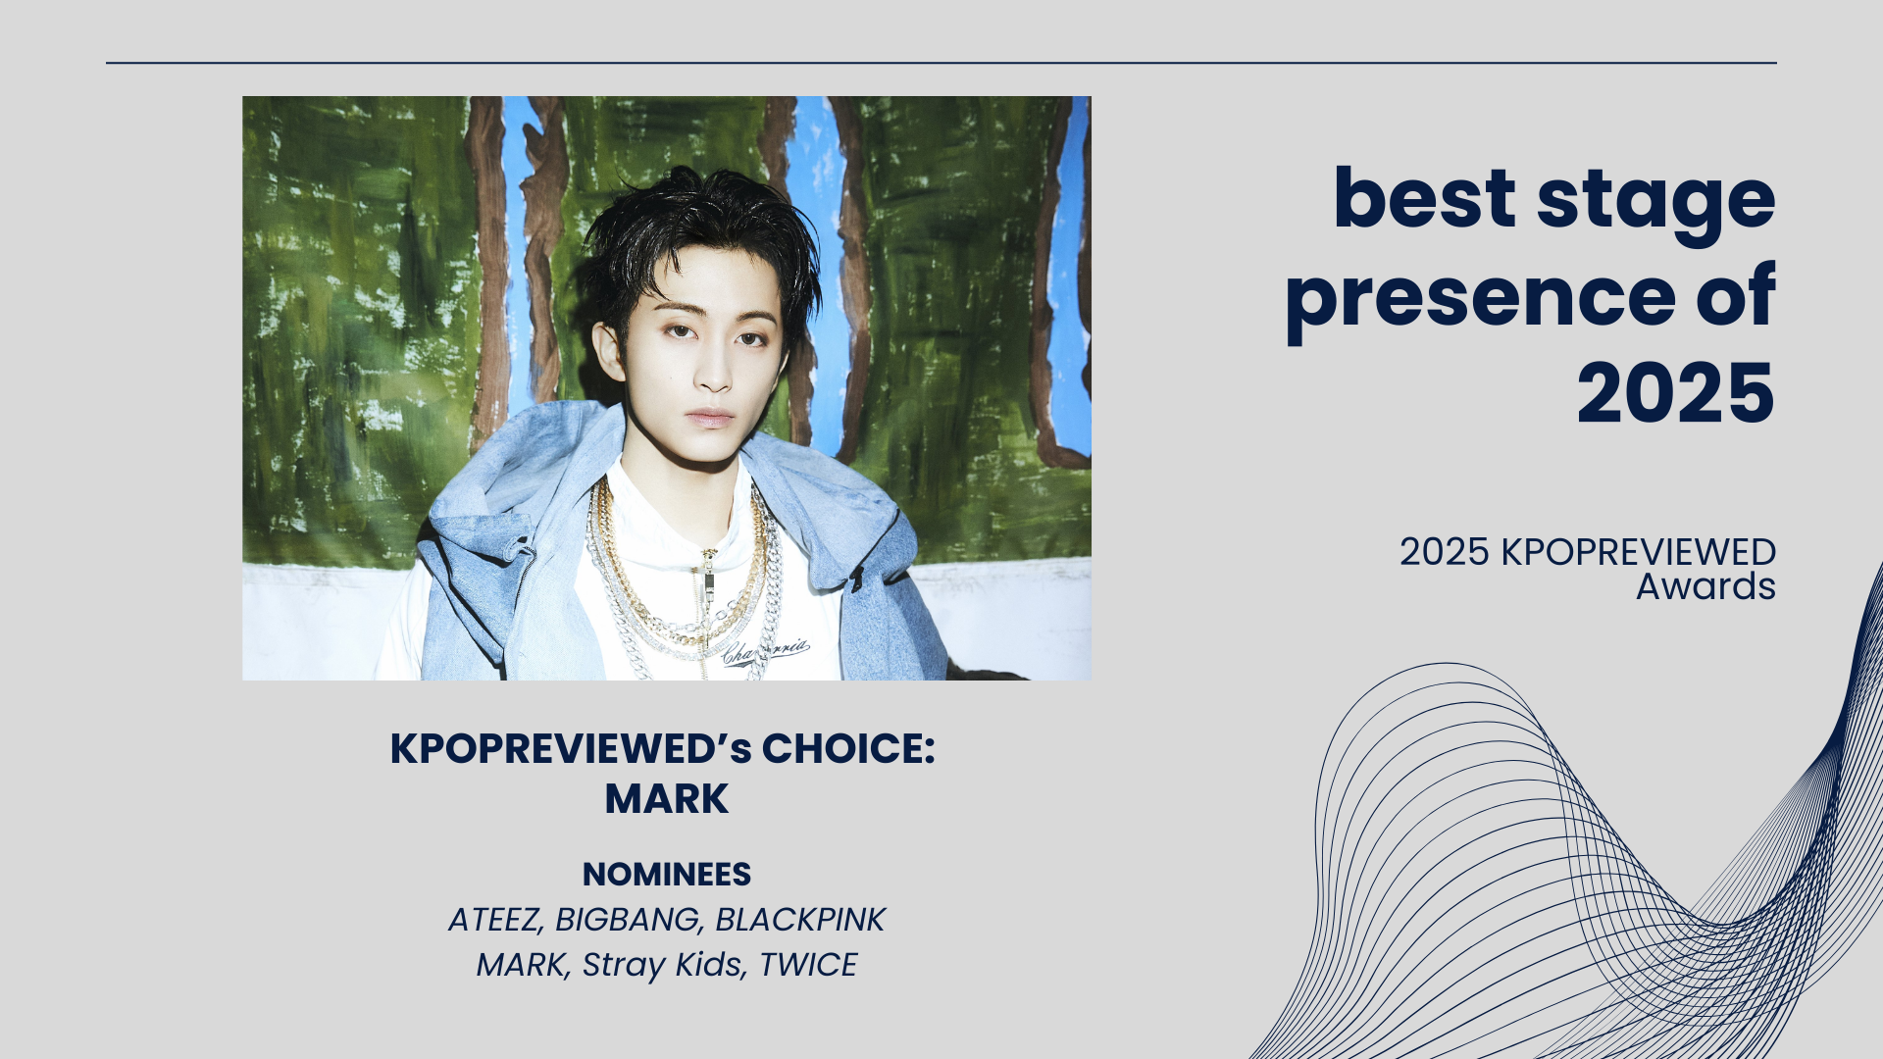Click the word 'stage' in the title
[x=1655, y=202]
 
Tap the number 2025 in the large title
[x=1676, y=393]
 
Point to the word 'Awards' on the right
[x=1705, y=586]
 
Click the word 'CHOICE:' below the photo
[x=848, y=749]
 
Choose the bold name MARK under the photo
[x=667, y=799]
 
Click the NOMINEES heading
[x=667, y=874]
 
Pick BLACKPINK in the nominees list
[x=800, y=920]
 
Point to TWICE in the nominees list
[x=808, y=965]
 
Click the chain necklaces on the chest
[x=682, y=579]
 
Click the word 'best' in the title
[x=1424, y=200]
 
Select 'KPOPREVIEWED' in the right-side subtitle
[x=1638, y=552]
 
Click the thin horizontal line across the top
[x=941, y=63]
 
